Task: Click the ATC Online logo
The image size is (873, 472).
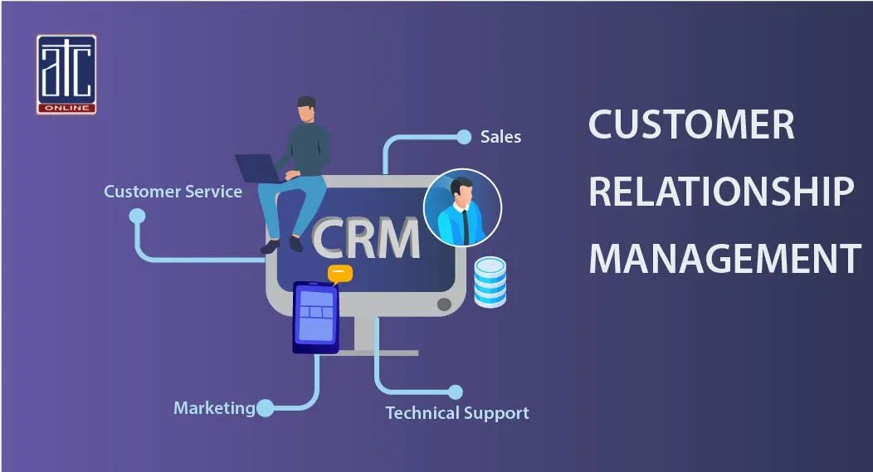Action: point(66,74)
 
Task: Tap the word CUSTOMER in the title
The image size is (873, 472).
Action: point(691,125)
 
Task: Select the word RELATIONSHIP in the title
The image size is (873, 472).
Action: point(720,192)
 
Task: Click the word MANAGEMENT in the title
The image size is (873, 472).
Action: point(724,258)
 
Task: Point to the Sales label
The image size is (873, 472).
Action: point(500,137)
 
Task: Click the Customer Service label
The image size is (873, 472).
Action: point(173,192)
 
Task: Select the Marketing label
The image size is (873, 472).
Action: point(214,408)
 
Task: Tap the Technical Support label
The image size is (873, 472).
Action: point(456,412)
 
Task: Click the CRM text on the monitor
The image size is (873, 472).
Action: point(365,237)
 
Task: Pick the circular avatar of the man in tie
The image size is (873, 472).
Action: point(462,208)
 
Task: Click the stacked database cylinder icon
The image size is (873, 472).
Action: point(490,282)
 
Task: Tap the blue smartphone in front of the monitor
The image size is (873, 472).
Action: point(316,317)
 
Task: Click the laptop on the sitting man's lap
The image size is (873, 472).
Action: point(259,168)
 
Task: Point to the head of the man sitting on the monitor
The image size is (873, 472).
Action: point(306,108)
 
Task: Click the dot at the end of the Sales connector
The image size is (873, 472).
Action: point(464,136)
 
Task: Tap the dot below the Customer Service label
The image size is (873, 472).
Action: point(137,216)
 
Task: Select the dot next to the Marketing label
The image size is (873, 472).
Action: point(265,407)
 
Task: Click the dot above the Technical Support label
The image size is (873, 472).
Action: point(455,392)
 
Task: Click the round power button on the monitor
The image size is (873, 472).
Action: point(444,304)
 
